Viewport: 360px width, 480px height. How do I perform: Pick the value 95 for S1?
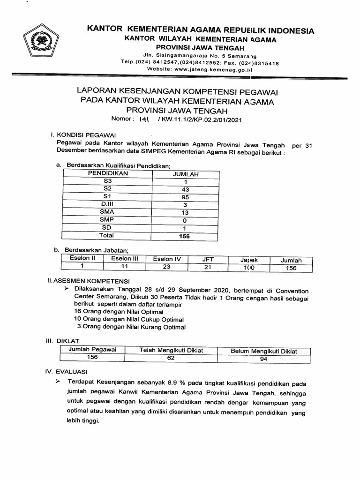tap(186, 197)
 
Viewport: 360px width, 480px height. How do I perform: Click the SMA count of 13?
tap(186, 212)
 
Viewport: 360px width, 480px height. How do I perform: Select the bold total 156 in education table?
tap(184, 236)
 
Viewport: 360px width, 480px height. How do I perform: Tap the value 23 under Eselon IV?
tap(166, 267)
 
